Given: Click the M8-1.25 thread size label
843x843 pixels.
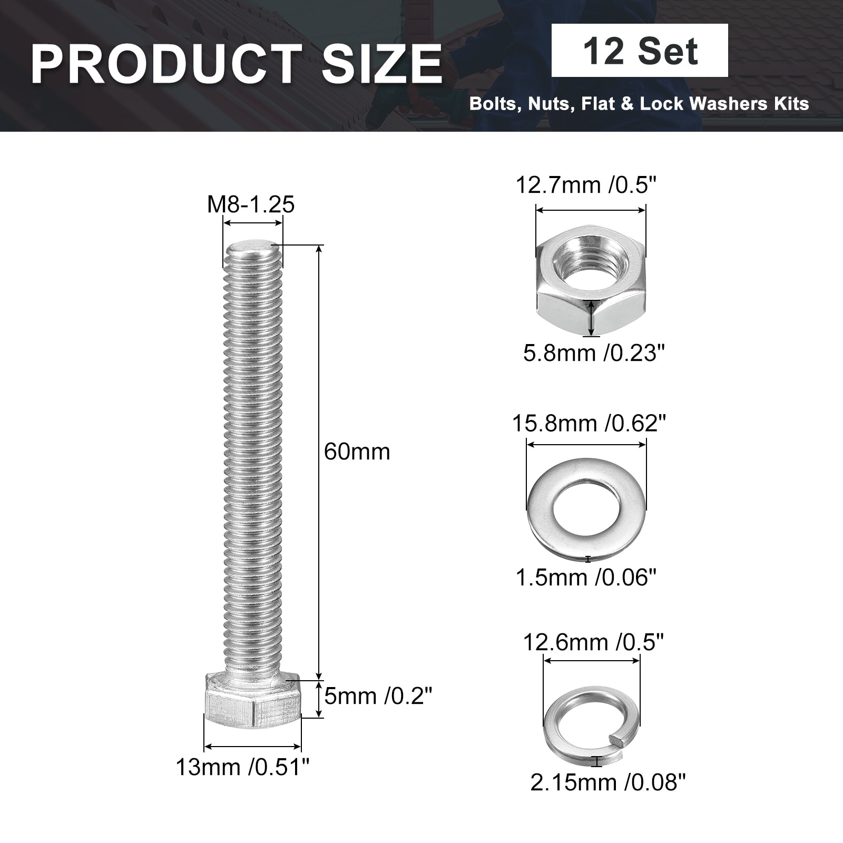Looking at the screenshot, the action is [x=251, y=204].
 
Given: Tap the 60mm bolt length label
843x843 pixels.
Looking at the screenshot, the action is [x=357, y=452].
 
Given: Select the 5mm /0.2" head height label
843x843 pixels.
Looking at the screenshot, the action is [x=378, y=697].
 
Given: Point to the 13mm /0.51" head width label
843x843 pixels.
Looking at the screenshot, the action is [x=242, y=767].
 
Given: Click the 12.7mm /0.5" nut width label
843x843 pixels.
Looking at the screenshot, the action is [x=586, y=185].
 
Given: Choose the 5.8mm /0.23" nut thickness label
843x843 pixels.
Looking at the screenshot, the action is [x=594, y=352].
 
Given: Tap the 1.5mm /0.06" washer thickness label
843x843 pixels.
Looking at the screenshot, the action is [x=586, y=577].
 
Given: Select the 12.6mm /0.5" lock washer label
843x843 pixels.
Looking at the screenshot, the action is [x=593, y=642].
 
